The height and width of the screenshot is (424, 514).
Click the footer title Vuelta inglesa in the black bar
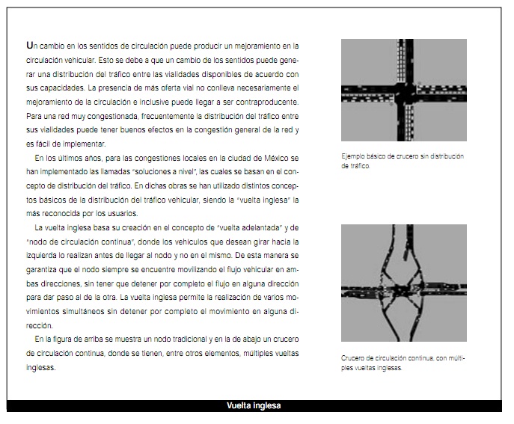pyautogui.click(x=254, y=406)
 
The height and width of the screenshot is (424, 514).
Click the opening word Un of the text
pyautogui.click(x=31, y=46)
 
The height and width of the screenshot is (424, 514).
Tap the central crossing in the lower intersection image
pyautogui.click(x=405, y=286)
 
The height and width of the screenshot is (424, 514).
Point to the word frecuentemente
pyautogui.click(x=169, y=116)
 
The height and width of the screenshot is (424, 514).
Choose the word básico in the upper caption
pyautogui.click(x=379, y=157)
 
